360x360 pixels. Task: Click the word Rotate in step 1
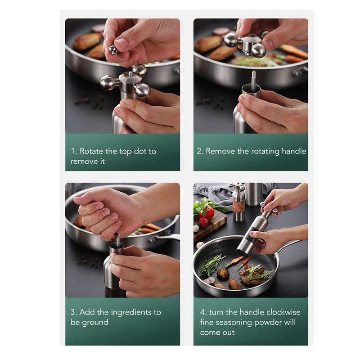click(x=91, y=151)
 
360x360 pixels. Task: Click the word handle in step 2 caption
click(x=292, y=151)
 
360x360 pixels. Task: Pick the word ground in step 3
click(x=95, y=322)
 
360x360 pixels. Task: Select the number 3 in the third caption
click(x=73, y=312)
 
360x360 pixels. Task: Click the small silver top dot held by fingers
click(x=112, y=49)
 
